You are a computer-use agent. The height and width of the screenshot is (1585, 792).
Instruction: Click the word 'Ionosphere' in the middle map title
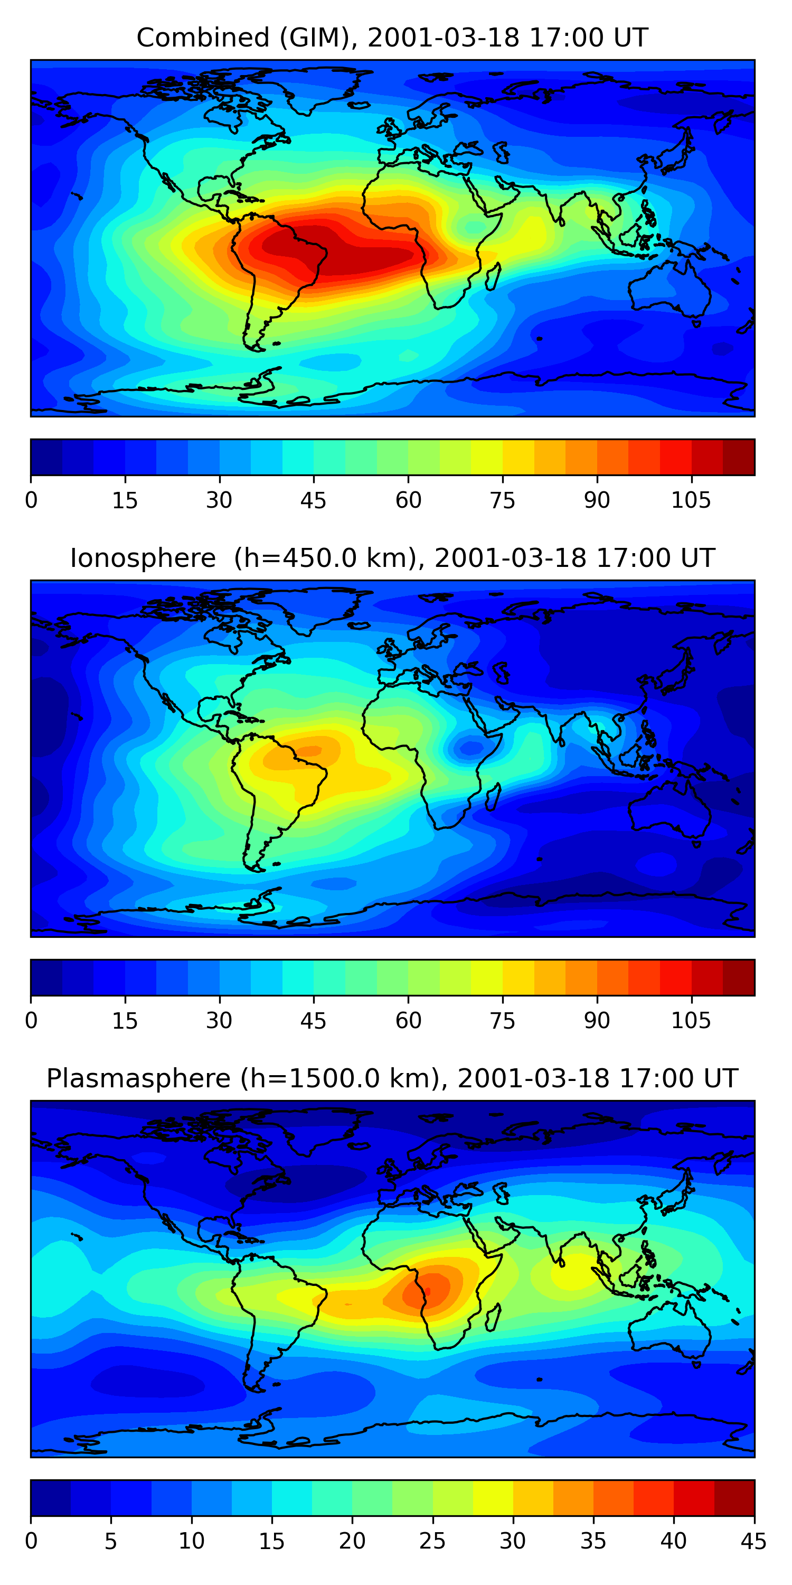click(x=143, y=558)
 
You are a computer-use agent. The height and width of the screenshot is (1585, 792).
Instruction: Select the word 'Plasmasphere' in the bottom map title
click(x=138, y=1079)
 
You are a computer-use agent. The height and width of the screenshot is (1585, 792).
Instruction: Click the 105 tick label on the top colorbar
click(x=691, y=501)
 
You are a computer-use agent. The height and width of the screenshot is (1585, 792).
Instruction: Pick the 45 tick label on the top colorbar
click(x=313, y=501)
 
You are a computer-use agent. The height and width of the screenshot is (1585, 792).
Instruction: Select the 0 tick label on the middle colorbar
click(x=31, y=1021)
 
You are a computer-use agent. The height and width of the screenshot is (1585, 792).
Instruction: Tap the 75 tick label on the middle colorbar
click(x=502, y=1021)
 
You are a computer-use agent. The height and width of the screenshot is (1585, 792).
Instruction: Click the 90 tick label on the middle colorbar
click(x=597, y=1021)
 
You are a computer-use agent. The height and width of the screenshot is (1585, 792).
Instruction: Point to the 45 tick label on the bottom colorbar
click(x=753, y=1541)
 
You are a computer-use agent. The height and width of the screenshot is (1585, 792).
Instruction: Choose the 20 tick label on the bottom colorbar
click(x=352, y=1541)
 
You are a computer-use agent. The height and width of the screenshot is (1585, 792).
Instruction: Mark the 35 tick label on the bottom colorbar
click(x=593, y=1541)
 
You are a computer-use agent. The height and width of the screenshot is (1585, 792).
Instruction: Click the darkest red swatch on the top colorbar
click(x=739, y=457)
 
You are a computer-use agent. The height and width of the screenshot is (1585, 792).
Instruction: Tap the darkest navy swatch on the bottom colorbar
click(x=50, y=1498)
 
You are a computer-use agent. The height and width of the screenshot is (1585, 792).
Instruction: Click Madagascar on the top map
click(x=493, y=277)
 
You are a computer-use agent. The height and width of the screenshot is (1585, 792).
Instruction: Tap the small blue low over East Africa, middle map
click(x=472, y=748)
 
